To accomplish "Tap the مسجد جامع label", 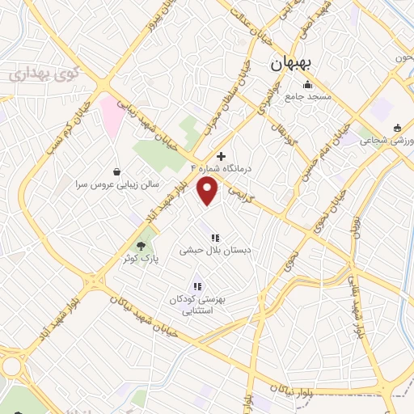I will [x=306, y=97].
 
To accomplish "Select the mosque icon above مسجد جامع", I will [x=306, y=84].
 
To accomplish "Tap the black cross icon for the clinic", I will [x=222, y=155].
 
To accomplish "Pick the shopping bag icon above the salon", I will [x=118, y=171].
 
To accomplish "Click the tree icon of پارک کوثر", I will [x=142, y=243].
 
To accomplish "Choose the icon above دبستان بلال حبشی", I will [x=215, y=237].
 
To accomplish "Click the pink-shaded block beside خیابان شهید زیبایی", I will [x=111, y=115].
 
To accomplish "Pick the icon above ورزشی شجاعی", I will [x=396, y=127].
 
